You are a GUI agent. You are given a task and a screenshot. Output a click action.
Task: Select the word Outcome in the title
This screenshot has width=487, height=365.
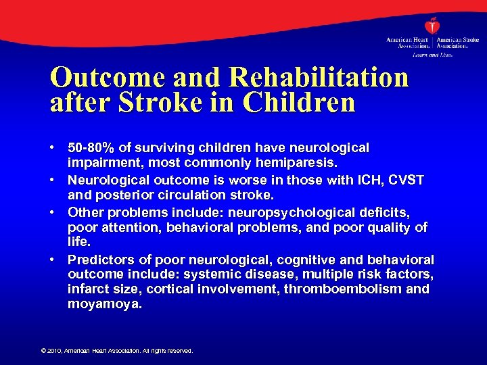click(x=101, y=78)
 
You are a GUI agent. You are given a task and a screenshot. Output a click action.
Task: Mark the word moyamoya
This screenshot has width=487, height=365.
click(x=104, y=305)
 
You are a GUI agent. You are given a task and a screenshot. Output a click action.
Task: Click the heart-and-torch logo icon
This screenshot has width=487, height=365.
click(x=432, y=26)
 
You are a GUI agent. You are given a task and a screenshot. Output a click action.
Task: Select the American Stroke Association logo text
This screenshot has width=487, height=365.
click(x=457, y=43)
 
